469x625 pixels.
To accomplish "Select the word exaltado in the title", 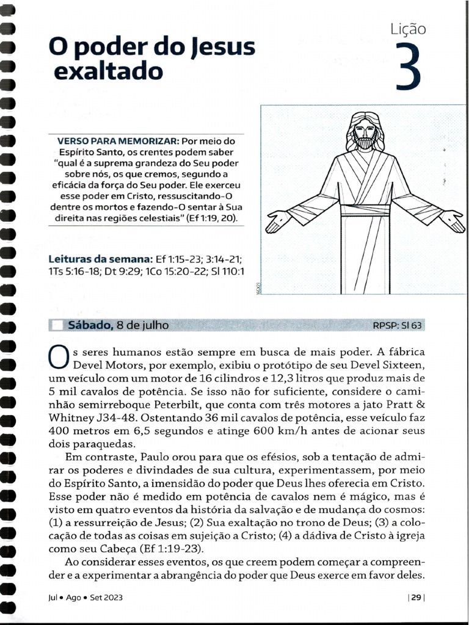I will [x=109, y=72].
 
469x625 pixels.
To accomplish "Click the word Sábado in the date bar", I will [x=90, y=325].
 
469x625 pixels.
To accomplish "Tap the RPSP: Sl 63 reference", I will [x=397, y=325].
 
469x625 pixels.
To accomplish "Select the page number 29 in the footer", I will [x=415, y=598].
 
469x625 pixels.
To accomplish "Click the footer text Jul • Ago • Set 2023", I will [x=85, y=598].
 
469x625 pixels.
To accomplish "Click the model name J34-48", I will [x=118, y=417].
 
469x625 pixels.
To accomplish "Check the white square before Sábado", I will [x=57, y=325].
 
